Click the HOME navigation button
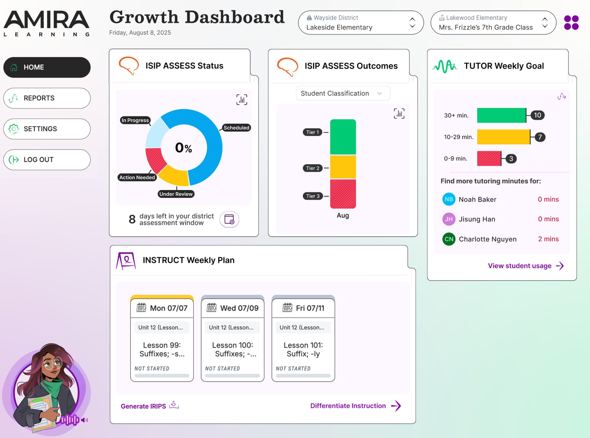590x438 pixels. click(x=47, y=67)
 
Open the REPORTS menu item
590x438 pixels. click(x=47, y=98)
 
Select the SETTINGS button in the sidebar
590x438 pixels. click(x=47, y=129)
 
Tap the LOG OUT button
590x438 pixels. click(x=47, y=160)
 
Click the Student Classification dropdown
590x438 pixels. click(x=343, y=93)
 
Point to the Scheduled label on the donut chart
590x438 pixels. click(x=236, y=128)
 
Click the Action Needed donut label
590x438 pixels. click(x=137, y=177)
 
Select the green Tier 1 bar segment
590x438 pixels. click(x=343, y=137)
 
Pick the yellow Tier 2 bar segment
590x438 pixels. click(x=343, y=167)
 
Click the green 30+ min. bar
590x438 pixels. click(x=501, y=115)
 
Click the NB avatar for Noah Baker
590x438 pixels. click(x=449, y=199)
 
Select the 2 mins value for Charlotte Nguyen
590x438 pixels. click(x=548, y=239)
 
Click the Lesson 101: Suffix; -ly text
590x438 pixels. click(x=303, y=349)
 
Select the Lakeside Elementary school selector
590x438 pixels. click(x=361, y=23)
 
